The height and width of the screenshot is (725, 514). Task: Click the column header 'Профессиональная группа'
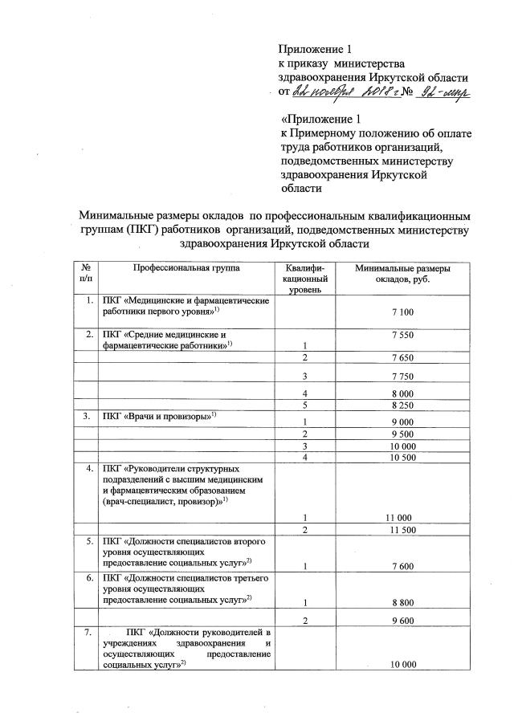[x=186, y=267]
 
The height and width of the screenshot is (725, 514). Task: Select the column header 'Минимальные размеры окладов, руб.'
[x=402, y=273]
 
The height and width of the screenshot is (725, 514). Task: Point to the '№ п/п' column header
[x=86, y=273]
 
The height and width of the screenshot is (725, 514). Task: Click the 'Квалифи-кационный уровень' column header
[x=304, y=278]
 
